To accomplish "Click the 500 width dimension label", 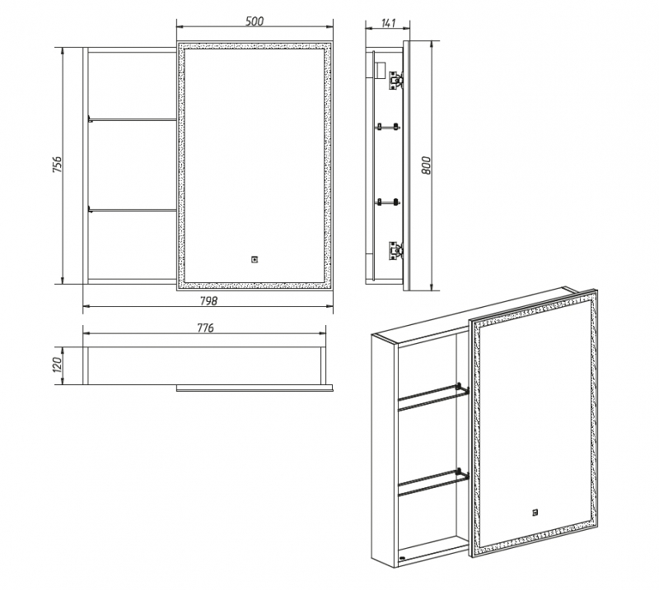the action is point(255,21).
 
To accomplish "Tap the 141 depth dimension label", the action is point(388,23).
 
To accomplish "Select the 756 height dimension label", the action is point(57,165).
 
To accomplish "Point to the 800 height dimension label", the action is point(426,165).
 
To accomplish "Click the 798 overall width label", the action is point(208,300).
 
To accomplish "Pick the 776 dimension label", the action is point(205,328).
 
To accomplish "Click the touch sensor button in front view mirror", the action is point(255,259).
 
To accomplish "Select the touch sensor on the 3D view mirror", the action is point(535,512).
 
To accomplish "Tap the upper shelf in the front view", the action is point(132,119).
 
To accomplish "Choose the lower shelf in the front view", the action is point(132,209).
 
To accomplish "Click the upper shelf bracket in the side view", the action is point(387,127).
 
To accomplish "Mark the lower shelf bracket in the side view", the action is point(387,202).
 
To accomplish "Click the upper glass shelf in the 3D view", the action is point(433,397).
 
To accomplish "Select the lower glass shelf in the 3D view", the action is point(433,482).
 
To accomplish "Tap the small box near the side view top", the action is point(381,70).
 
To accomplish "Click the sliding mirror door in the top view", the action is point(255,388).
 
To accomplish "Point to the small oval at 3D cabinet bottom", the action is point(403,558).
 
